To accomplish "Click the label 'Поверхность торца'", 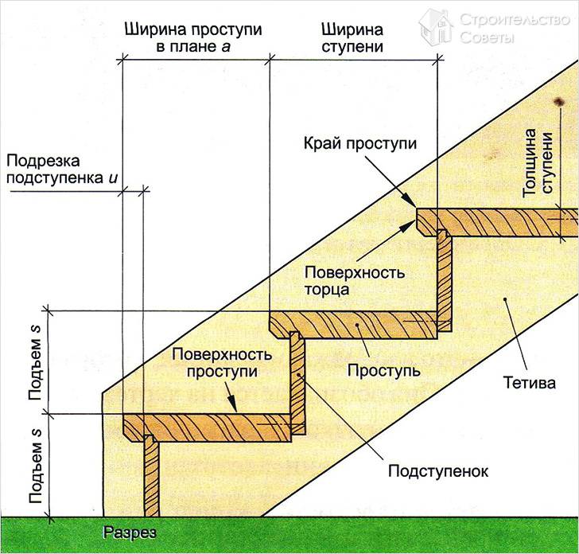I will pos(354,281).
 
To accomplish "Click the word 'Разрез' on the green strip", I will pos(130,532).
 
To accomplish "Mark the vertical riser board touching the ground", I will pos(150,478).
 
